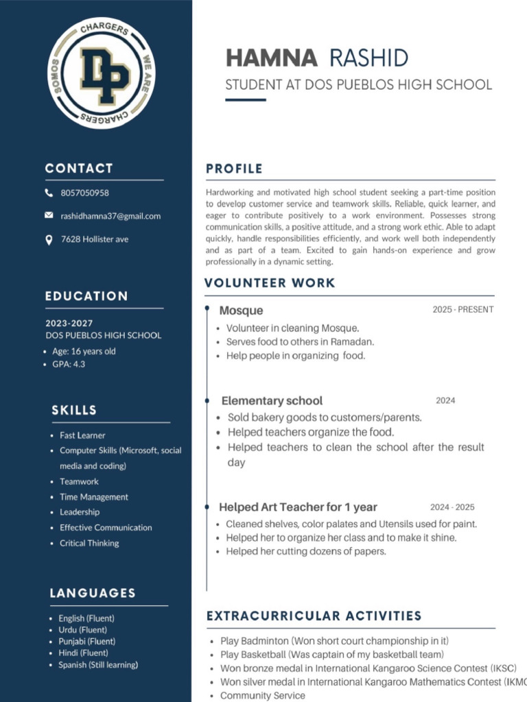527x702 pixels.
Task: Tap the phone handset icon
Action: coord(49,193)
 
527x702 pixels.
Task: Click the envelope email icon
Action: coord(49,215)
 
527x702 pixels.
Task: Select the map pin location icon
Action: coord(49,239)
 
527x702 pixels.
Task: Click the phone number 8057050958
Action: coord(84,193)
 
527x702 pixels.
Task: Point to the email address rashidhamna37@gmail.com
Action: coord(110,216)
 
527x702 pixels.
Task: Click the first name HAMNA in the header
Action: coord(272,58)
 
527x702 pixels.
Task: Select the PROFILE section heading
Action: coord(234,169)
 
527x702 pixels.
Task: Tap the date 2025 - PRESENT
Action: coord(462,310)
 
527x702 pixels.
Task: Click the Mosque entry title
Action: coord(241,311)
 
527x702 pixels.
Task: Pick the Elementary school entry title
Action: coord(272,400)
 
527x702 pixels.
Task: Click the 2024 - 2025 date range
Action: coord(452,507)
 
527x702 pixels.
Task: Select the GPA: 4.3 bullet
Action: coord(69,364)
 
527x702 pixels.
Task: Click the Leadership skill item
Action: coord(80,512)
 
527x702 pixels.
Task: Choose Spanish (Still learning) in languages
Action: coord(98,665)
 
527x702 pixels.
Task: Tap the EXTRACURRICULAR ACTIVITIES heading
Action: coord(314,616)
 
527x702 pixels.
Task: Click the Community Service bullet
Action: coord(262,695)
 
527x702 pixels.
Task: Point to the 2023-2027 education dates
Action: coord(69,323)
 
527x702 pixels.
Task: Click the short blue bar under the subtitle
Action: coord(246,100)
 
